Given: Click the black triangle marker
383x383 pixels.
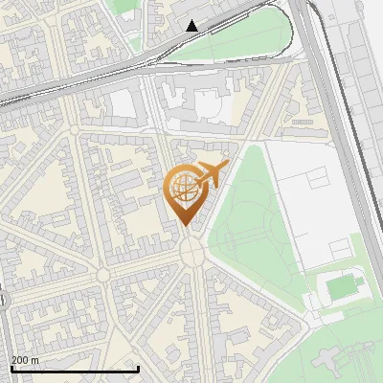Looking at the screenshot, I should (192, 26).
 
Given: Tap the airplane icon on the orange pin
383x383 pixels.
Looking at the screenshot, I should (212, 174).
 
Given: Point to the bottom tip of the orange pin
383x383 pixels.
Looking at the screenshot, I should (185, 226).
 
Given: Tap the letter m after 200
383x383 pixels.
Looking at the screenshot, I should (36, 360).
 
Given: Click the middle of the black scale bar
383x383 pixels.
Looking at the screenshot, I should (75, 369).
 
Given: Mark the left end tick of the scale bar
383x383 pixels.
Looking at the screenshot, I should (11, 369).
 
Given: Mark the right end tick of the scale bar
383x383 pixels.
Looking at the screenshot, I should (139, 369).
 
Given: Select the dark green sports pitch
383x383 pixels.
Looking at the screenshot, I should (343, 285).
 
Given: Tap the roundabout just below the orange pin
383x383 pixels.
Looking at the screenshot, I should (191, 251).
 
